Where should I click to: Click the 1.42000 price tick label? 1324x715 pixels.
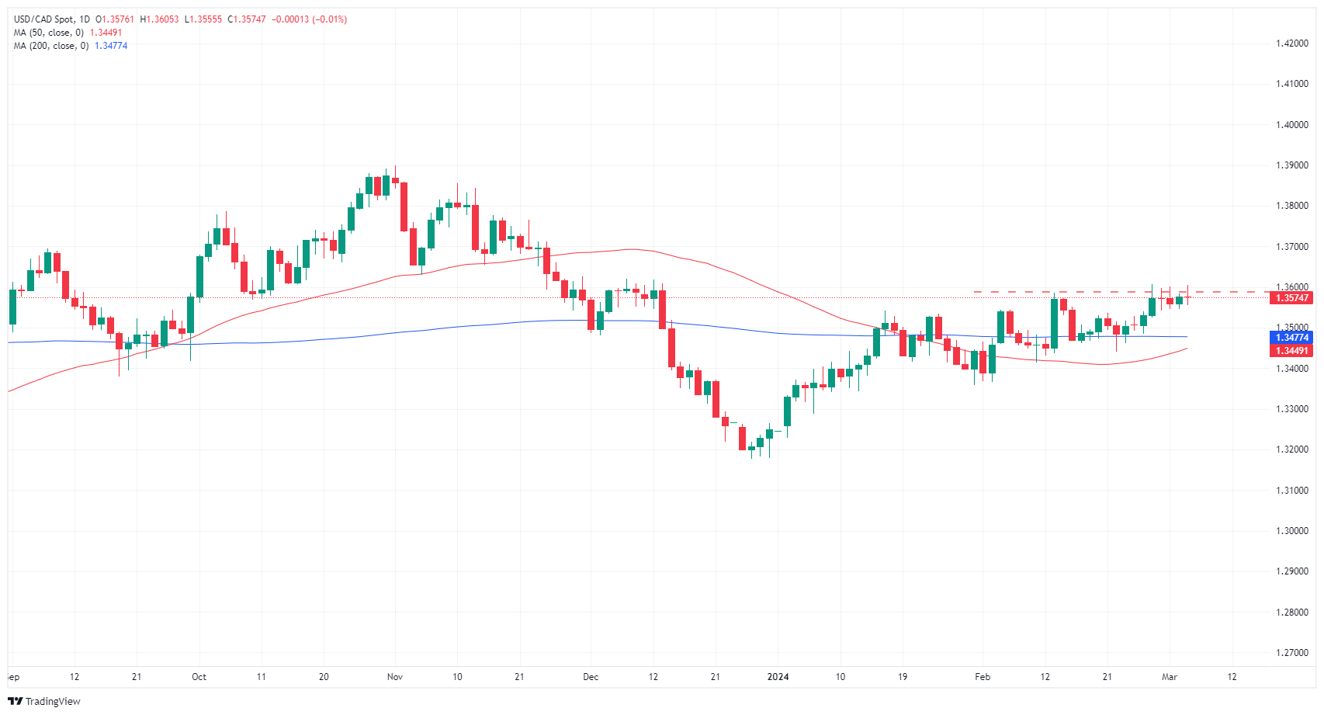click(1292, 43)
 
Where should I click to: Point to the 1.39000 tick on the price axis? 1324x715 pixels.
click(1292, 165)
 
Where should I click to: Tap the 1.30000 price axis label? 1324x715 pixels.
click(1292, 531)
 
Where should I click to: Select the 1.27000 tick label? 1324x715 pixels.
click(1292, 653)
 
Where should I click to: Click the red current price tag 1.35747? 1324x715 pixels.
click(1292, 298)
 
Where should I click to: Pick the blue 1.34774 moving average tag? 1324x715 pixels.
click(1292, 338)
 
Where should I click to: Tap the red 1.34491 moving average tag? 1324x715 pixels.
click(1292, 351)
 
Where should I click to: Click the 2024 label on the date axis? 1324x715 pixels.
click(778, 677)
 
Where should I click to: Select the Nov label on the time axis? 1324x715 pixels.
click(395, 677)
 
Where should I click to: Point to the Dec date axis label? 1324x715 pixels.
click(591, 677)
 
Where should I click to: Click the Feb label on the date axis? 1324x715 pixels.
click(983, 677)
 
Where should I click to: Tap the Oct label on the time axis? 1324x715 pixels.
click(199, 677)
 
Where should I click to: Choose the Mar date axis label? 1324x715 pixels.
click(1170, 677)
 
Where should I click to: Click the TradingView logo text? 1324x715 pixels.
click(52, 702)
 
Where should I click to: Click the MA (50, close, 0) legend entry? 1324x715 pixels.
click(49, 33)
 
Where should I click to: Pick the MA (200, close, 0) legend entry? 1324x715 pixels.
click(51, 46)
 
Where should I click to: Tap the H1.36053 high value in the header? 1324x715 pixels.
click(159, 19)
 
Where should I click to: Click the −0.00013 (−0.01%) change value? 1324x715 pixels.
click(309, 19)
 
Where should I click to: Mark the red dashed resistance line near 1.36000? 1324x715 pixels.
click(1087, 292)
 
